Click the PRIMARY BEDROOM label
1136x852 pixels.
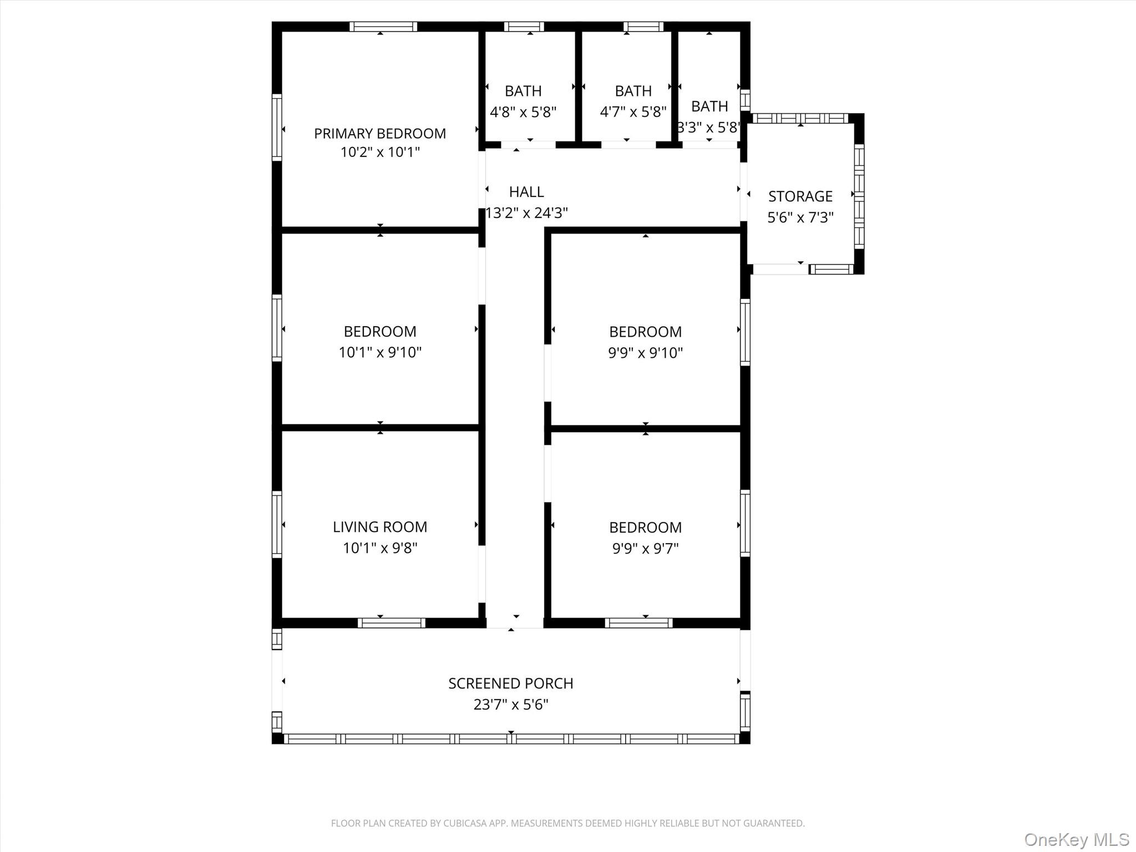pos(380,134)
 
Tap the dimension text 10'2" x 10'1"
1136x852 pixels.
pos(380,152)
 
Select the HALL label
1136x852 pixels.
pos(526,192)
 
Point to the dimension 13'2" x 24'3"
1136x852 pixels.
pos(526,213)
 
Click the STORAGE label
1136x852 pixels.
pos(800,196)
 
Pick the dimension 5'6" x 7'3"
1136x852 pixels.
pos(800,217)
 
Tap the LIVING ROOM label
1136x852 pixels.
pos(380,527)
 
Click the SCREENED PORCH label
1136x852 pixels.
pos(510,683)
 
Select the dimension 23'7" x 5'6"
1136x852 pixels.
pos(510,704)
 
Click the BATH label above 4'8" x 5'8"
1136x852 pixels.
pos(523,91)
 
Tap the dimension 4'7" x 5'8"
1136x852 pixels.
pos(633,112)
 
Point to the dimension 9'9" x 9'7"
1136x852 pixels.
pos(645,549)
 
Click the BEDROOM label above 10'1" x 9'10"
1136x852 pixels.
pos(380,332)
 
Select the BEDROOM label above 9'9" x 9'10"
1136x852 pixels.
pos(645,332)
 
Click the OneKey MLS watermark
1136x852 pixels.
pos(1076,839)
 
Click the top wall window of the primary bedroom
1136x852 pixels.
pos(383,27)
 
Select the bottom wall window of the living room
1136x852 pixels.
pos(391,623)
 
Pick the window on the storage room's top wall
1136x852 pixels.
pos(800,118)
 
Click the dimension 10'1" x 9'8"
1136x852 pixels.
pos(380,548)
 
